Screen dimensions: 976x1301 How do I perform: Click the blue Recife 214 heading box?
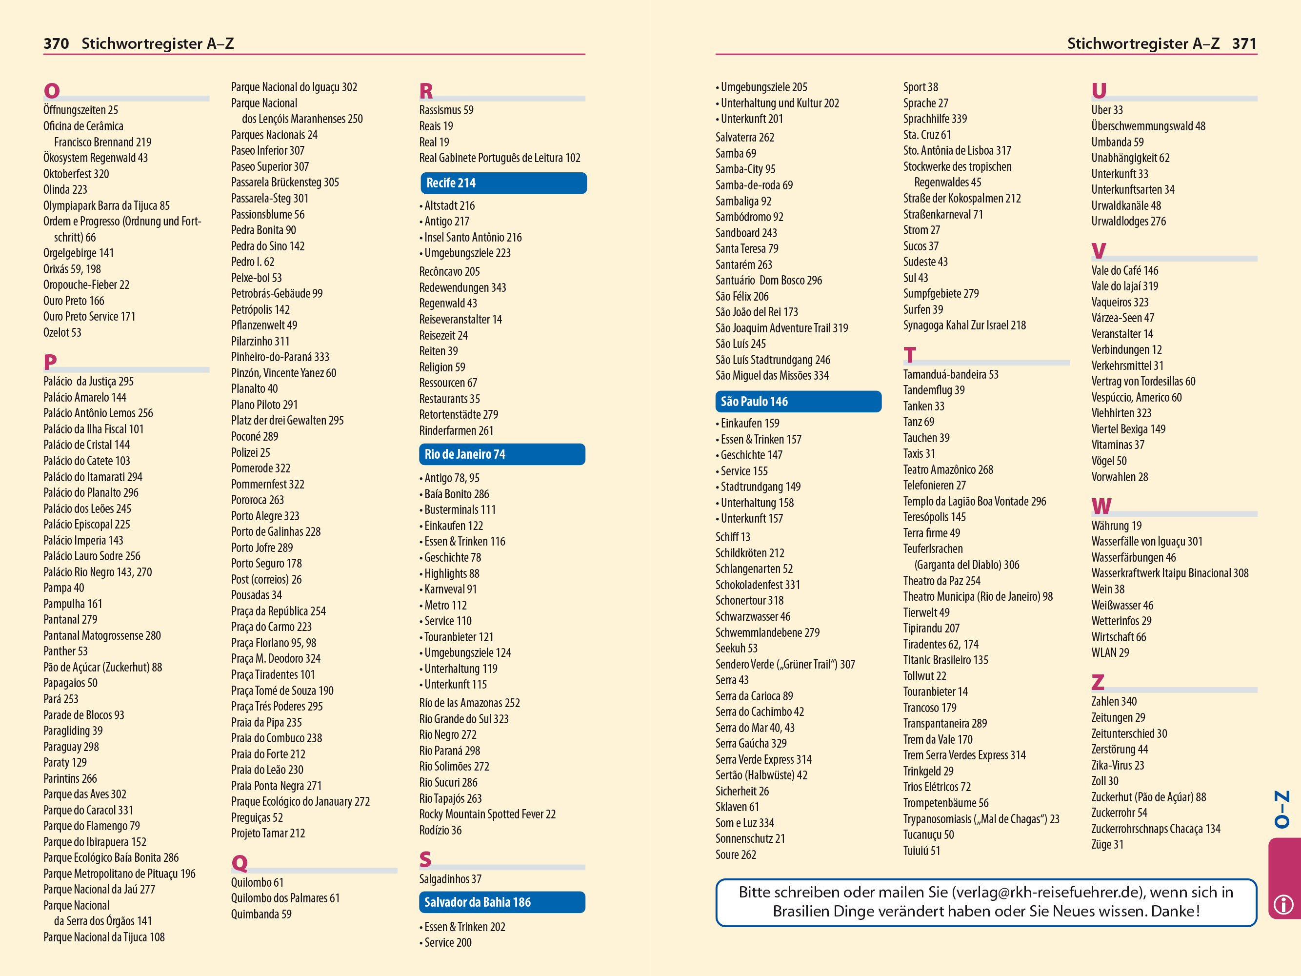[x=503, y=183]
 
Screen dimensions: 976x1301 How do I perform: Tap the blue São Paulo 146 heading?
[x=798, y=401]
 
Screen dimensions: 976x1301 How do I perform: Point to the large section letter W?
[x=1101, y=506]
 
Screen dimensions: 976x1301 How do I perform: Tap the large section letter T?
[x=910, y=355]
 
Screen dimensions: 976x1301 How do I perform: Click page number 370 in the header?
[x=56, y=43]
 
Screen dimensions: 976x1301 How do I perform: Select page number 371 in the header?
[x=1244, y=43]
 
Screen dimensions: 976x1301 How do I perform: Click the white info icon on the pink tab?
[x=1283, y=904]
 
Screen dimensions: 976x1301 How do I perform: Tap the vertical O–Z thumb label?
[x=1282, y=809]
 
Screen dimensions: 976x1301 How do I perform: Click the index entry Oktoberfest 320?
[x=76, y=174]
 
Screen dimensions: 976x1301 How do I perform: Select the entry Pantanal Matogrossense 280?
[x=102, y=635]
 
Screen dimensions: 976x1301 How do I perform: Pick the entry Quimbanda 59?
[x=261, y=914]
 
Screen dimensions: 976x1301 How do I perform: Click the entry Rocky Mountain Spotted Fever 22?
[x=487, y=814]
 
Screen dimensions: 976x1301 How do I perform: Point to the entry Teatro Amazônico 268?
[x=948, y=469]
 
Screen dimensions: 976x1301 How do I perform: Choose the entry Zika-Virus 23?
[x=1118, y=765]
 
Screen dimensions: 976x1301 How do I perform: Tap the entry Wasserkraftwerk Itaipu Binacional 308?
[x=1169, y=573]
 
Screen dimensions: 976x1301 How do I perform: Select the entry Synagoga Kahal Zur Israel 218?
[x=964, y=325]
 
